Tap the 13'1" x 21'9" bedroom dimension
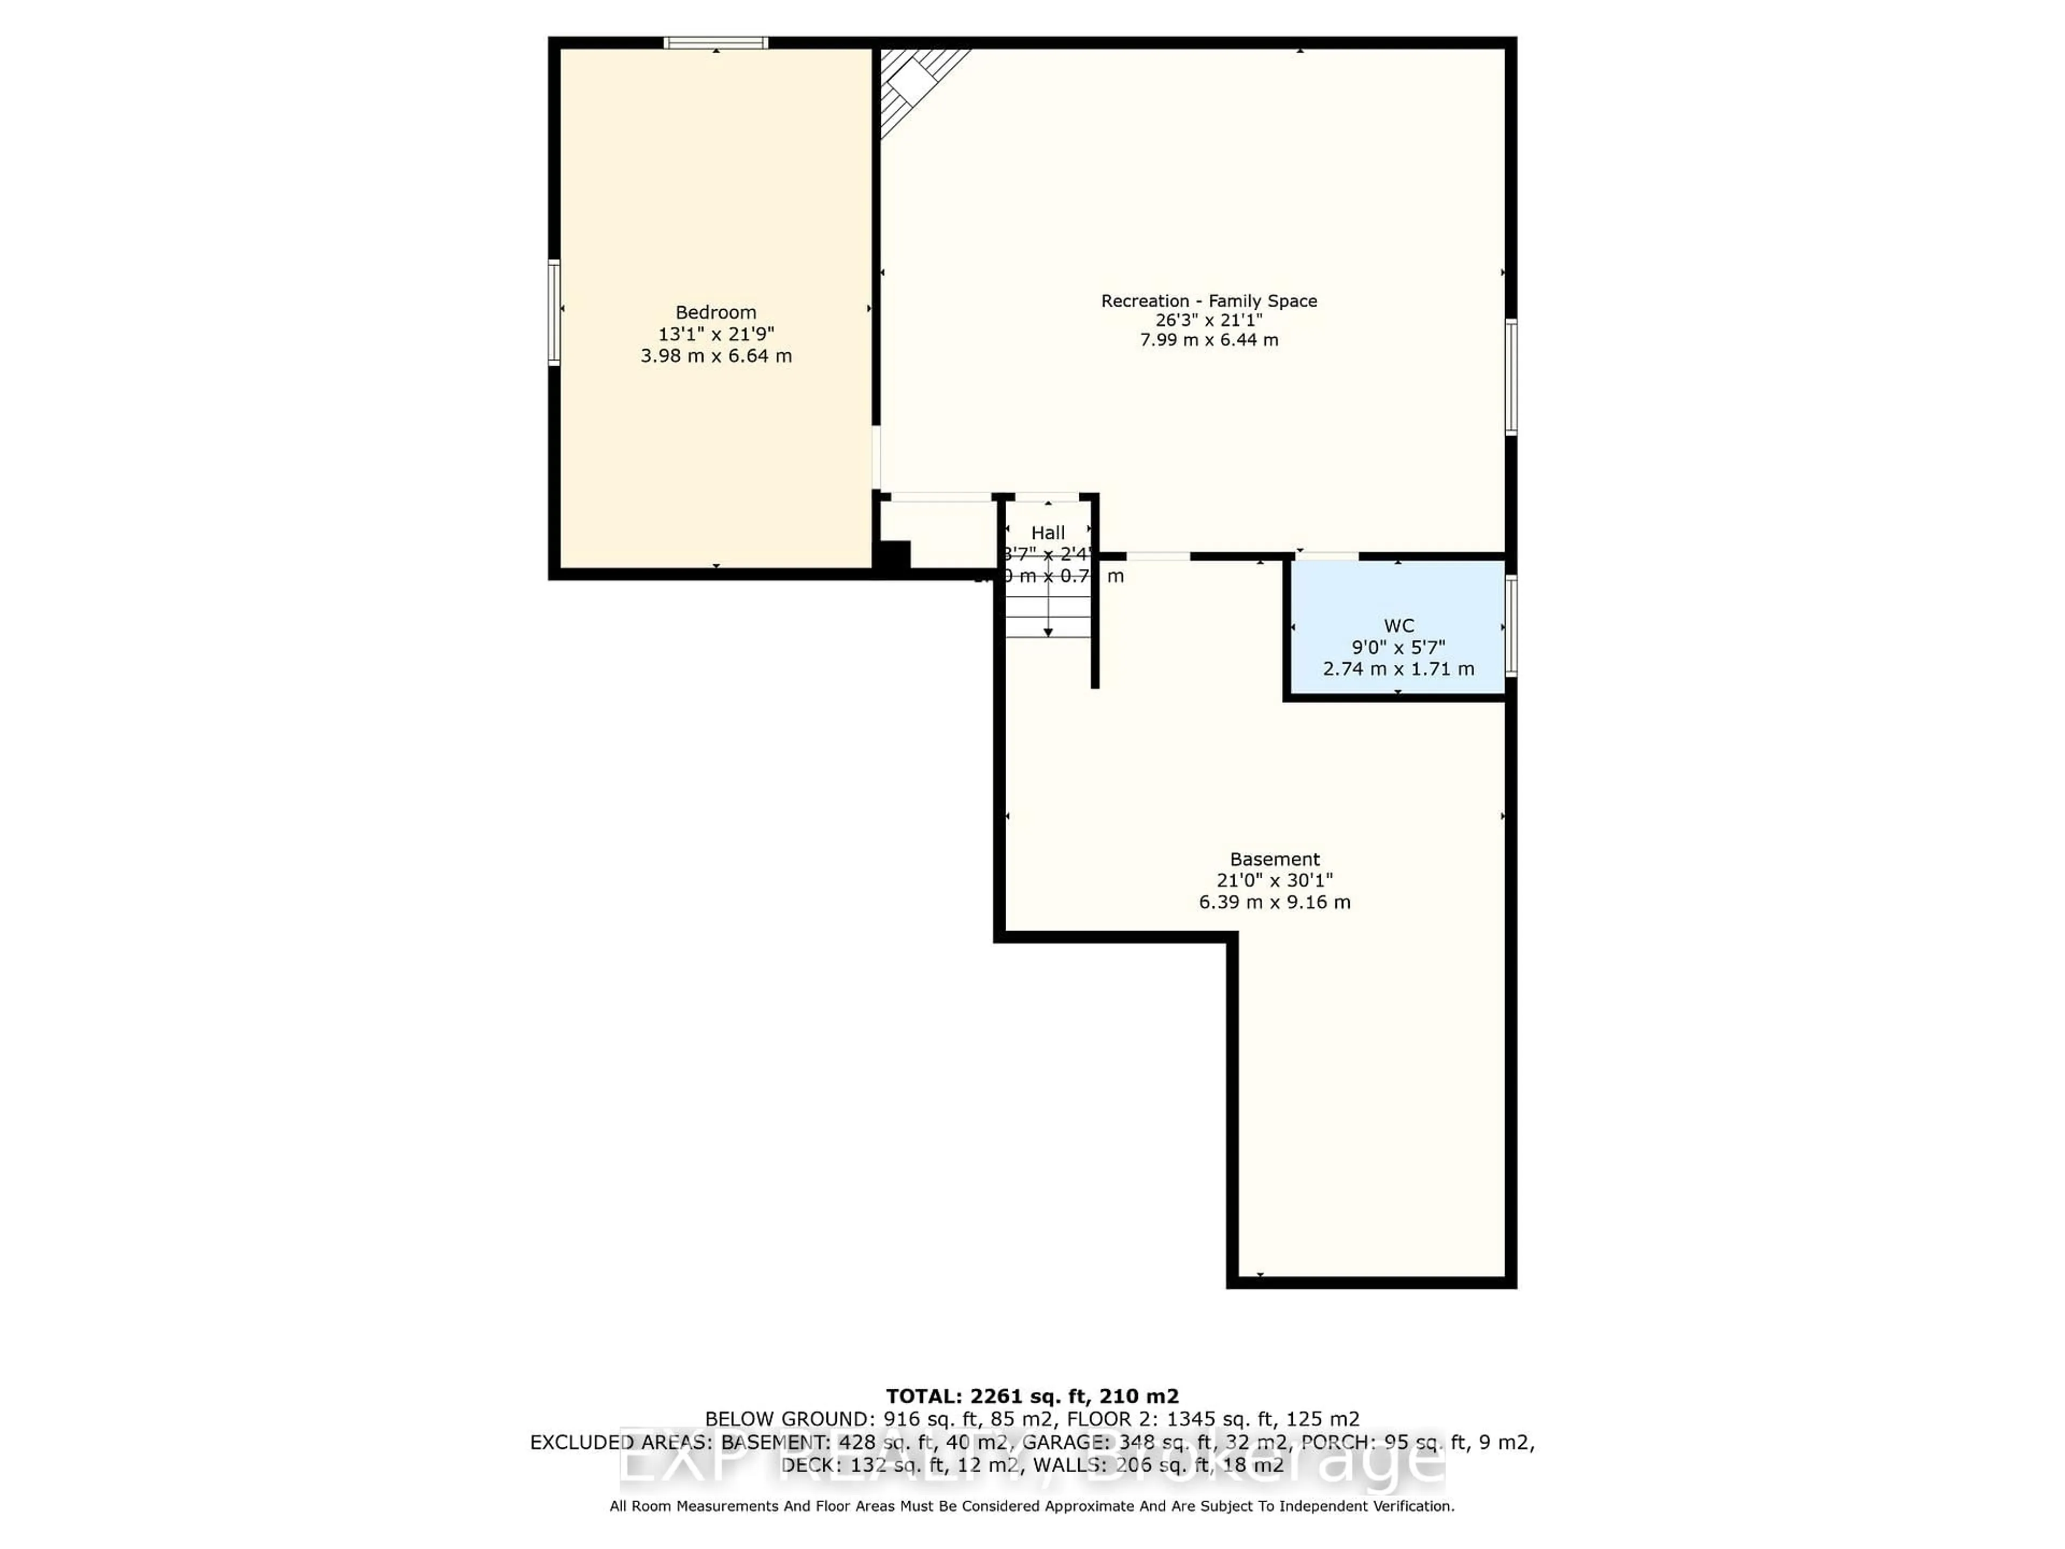[x=716, y=334]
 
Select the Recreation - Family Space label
[x=1209, y=301]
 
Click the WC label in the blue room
[x=1399, y=626]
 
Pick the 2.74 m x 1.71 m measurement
[x=1399, y=669]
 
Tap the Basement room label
[x=1274, y=859]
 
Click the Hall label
[x=1048, y=533]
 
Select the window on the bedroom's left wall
[x=553, y=312]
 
